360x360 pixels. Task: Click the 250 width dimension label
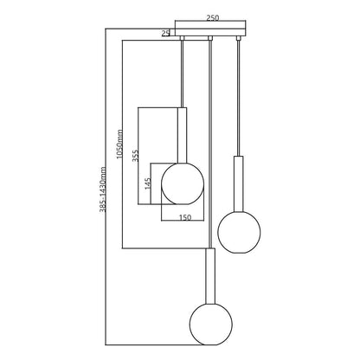213,17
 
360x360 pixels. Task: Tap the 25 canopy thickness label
165,34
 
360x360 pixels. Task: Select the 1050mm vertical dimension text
119,145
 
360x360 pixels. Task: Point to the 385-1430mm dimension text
103,190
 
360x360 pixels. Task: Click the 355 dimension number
136,156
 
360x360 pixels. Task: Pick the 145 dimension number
148,183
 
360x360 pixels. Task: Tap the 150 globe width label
185,217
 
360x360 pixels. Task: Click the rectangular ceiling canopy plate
210,32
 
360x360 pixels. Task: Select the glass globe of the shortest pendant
183,183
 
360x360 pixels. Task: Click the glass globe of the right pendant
239,232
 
